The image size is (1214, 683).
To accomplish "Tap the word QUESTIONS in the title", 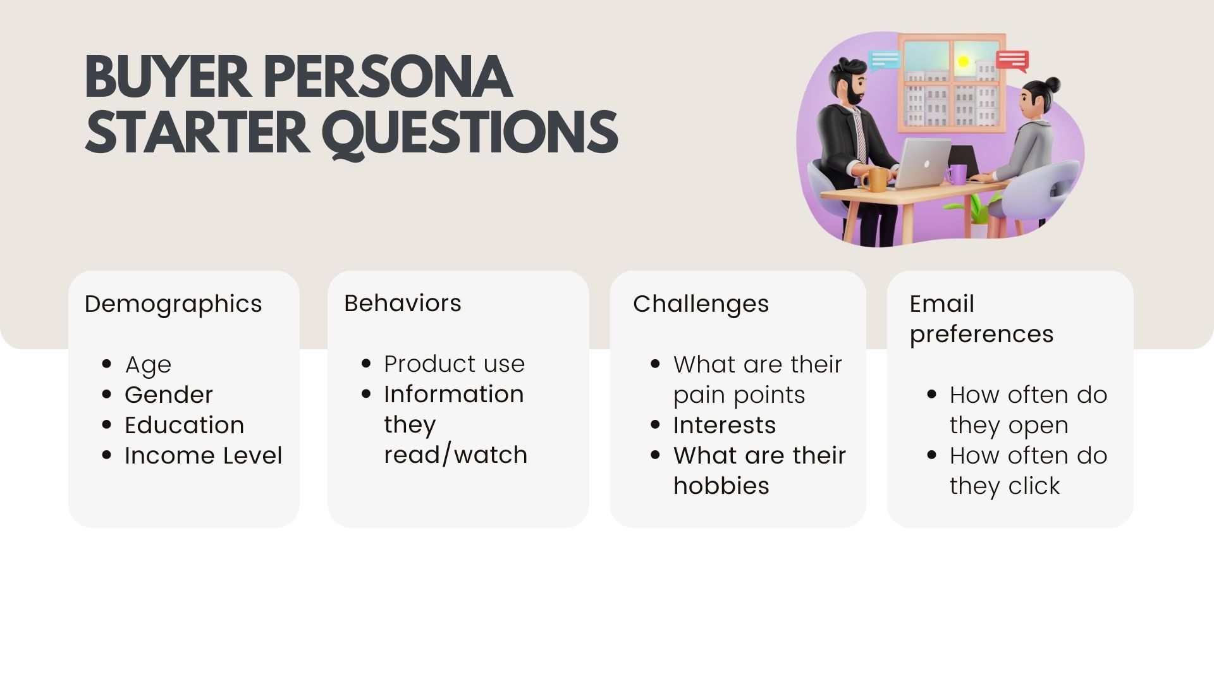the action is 470,133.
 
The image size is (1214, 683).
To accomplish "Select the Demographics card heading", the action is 173,305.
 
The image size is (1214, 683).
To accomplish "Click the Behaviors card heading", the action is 403,304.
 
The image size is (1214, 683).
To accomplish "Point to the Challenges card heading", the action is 701,305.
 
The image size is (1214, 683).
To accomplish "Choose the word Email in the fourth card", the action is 942,304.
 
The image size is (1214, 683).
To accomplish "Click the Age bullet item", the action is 148,365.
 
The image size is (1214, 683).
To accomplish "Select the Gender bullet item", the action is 169,395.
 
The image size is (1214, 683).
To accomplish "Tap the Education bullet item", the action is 185,425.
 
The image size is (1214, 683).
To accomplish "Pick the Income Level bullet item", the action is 204,455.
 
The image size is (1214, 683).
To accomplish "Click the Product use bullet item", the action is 454,364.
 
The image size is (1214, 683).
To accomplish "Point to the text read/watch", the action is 455,455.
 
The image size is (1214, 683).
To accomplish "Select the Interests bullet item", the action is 725,425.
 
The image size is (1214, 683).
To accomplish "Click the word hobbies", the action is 721,486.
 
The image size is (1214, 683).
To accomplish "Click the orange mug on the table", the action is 876,180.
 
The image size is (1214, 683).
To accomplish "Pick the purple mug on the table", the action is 956,174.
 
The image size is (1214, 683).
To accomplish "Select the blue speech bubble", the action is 884,61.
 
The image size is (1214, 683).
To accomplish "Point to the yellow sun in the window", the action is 963,61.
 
